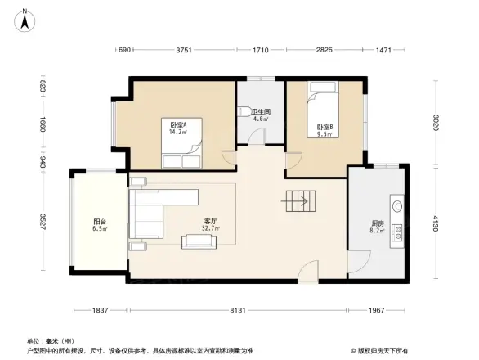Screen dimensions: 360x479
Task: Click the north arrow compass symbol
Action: pos(25,19)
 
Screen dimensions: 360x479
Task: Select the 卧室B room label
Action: pos(325,128)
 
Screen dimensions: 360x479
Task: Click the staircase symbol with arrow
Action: pos(296,198)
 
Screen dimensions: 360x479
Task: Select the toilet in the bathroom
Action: pos(246,111)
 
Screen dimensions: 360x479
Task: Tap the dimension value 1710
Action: pos(261,52)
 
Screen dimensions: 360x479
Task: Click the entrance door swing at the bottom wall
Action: pos(307,272)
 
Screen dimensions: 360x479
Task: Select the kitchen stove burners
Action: pos(397,232)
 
